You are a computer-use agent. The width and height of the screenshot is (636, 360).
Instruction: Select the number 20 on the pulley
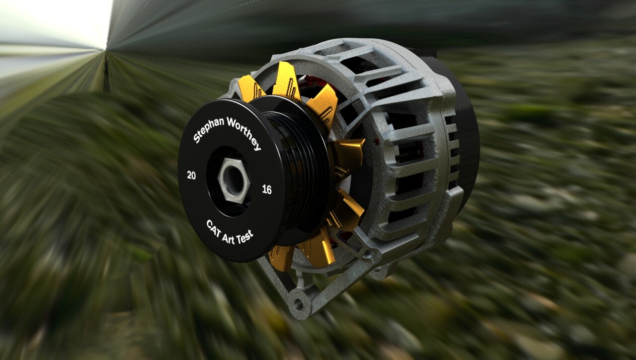191,175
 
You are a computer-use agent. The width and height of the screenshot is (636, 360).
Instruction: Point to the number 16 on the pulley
267,189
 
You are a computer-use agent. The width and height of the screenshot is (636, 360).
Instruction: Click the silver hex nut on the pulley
233,180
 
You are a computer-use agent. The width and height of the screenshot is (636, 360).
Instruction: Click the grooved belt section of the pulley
298,164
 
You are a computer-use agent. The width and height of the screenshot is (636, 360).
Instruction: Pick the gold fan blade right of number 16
350,152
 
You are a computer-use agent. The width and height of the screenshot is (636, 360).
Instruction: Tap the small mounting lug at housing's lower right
380,271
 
